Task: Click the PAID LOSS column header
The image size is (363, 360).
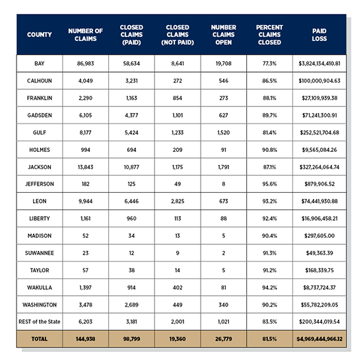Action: point(319,34)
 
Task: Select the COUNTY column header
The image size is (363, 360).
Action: point(39,34)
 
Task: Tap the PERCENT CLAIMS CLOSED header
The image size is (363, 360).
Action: point(269,34)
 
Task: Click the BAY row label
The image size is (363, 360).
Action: point(39,64)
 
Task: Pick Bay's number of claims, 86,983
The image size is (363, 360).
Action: point(85,64)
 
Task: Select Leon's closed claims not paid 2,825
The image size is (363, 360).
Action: point(178,201)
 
